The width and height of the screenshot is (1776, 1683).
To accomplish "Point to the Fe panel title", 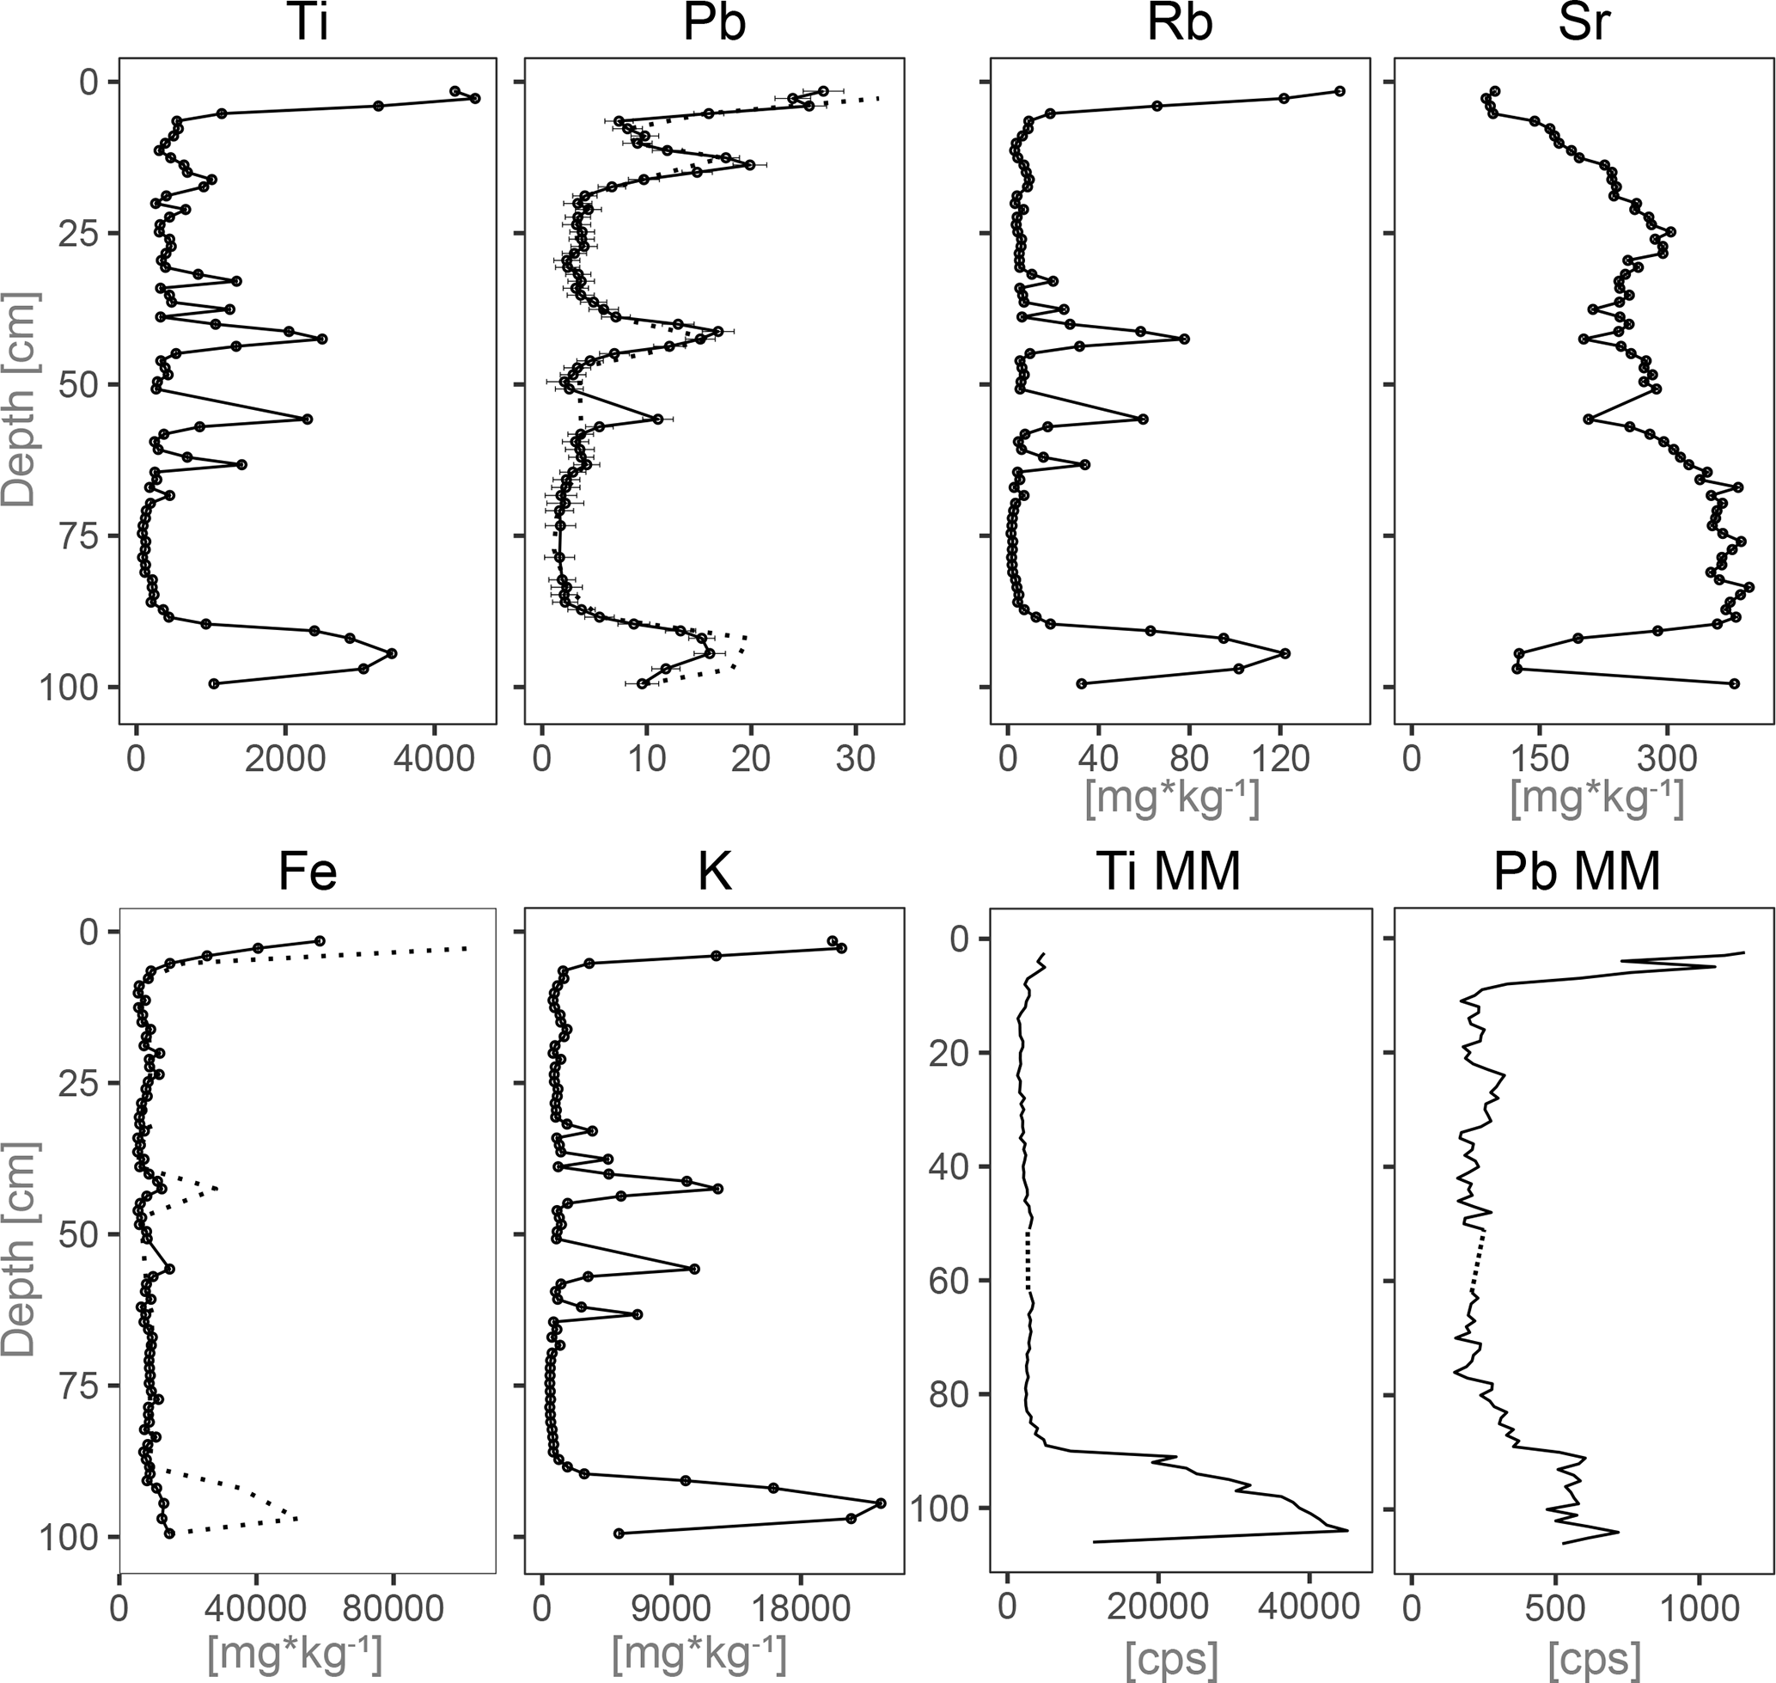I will click(x=307, y=872).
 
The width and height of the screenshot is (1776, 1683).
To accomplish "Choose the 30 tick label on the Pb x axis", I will click(x=855, y=759).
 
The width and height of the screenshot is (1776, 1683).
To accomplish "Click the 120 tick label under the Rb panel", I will click(x=1280, y=759).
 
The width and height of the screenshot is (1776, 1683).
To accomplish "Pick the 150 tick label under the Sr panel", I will click(x=1539, y=759).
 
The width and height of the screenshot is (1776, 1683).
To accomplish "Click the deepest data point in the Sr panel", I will click(x=1734, y=683).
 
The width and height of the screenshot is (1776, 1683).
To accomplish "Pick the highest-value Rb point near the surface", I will click(x=1340, y=91).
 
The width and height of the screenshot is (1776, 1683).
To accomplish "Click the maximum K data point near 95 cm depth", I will click(x=880, y=1502).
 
